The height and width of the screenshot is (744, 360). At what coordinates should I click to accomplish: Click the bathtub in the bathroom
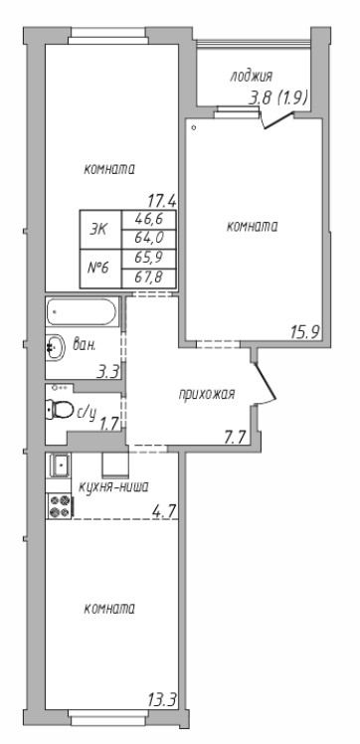82,311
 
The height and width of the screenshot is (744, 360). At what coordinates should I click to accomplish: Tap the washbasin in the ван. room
56,347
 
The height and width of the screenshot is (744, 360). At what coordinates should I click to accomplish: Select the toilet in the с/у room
60,409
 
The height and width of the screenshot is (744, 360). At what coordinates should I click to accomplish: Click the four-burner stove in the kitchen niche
60,506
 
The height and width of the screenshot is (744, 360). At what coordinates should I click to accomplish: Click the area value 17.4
162,201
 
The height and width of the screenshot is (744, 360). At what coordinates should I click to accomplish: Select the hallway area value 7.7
234,436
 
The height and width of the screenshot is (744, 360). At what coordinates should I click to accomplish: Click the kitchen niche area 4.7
164,510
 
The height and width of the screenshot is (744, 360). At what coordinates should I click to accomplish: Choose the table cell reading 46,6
149,220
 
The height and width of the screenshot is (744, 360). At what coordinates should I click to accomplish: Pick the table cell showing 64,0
149,239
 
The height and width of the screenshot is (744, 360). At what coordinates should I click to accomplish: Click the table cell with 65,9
149,259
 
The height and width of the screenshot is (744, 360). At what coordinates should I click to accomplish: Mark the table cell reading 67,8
149,279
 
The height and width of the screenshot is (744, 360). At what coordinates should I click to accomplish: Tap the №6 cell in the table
100,269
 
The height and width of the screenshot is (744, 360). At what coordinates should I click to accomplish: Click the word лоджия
252,76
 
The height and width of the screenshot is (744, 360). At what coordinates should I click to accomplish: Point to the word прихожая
207,394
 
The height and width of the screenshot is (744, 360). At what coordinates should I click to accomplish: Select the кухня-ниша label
114,486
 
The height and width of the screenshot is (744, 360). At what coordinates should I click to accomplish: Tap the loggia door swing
278,120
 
